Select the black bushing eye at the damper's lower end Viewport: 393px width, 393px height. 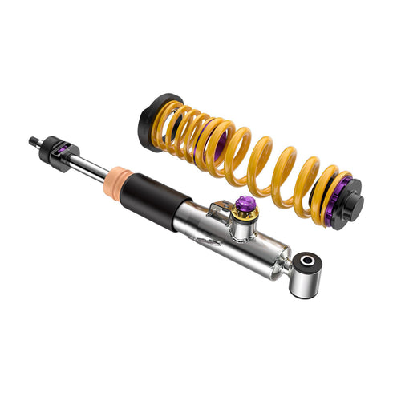coord(308,263)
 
